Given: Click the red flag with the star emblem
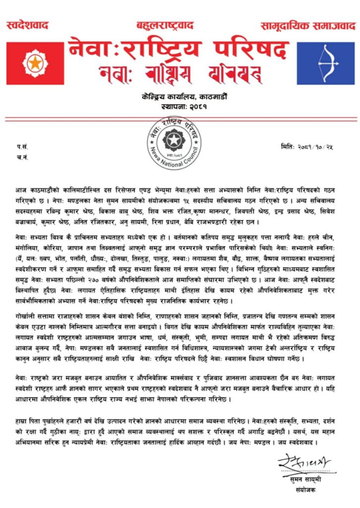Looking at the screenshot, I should coord(35,63).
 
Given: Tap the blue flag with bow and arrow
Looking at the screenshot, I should coord(325,63).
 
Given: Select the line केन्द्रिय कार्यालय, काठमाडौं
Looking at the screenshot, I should coord(180,97).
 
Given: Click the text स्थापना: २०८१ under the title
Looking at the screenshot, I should coord(180,106).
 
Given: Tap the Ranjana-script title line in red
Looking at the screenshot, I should coord(179,74).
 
